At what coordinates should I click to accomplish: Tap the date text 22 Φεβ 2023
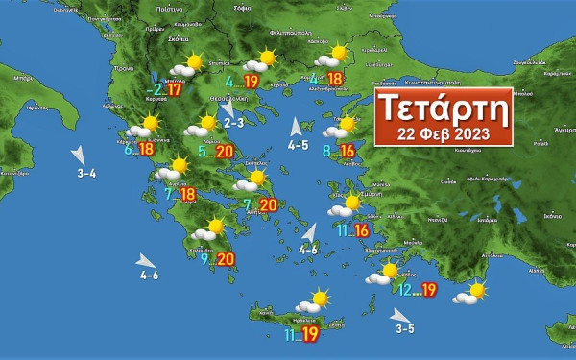pyautogui.click(x=443, y=132)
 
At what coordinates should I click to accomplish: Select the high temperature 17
pyautogui.click(x=174, y=91)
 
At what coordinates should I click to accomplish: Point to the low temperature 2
pyautogui.click(x=157, y=90)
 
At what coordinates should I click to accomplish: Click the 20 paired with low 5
pyautogui.click(x=225, y=152)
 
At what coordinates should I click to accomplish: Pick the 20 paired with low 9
pyautogui.click(x=227, y=258)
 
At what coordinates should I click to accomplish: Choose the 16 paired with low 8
pyautogui.click(x=348, y=152)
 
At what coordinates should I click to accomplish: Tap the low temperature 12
pyautogui.click(x=405, y=289)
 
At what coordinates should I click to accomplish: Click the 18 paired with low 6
pyautogui.click(x=146, y=149)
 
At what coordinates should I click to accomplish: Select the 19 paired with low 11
pyautogui.click(x=310, y=334)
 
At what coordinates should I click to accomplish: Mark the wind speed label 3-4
pyautogui.click(x=86, y=174)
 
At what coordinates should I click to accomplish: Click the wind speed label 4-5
pyautogui.click(x=298, y=146)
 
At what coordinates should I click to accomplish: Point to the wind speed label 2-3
pyautogui.click(x=234, y=123)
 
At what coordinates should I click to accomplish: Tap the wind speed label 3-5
pyautogui.click(x=405, y=329)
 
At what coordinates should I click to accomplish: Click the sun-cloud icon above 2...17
pyautogui.click(x=185, y=66)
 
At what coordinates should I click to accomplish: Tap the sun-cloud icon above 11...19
pyautogui.click(x=313, y=303)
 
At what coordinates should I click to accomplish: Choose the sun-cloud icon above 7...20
pyautogui.click(x=252, y=180)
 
